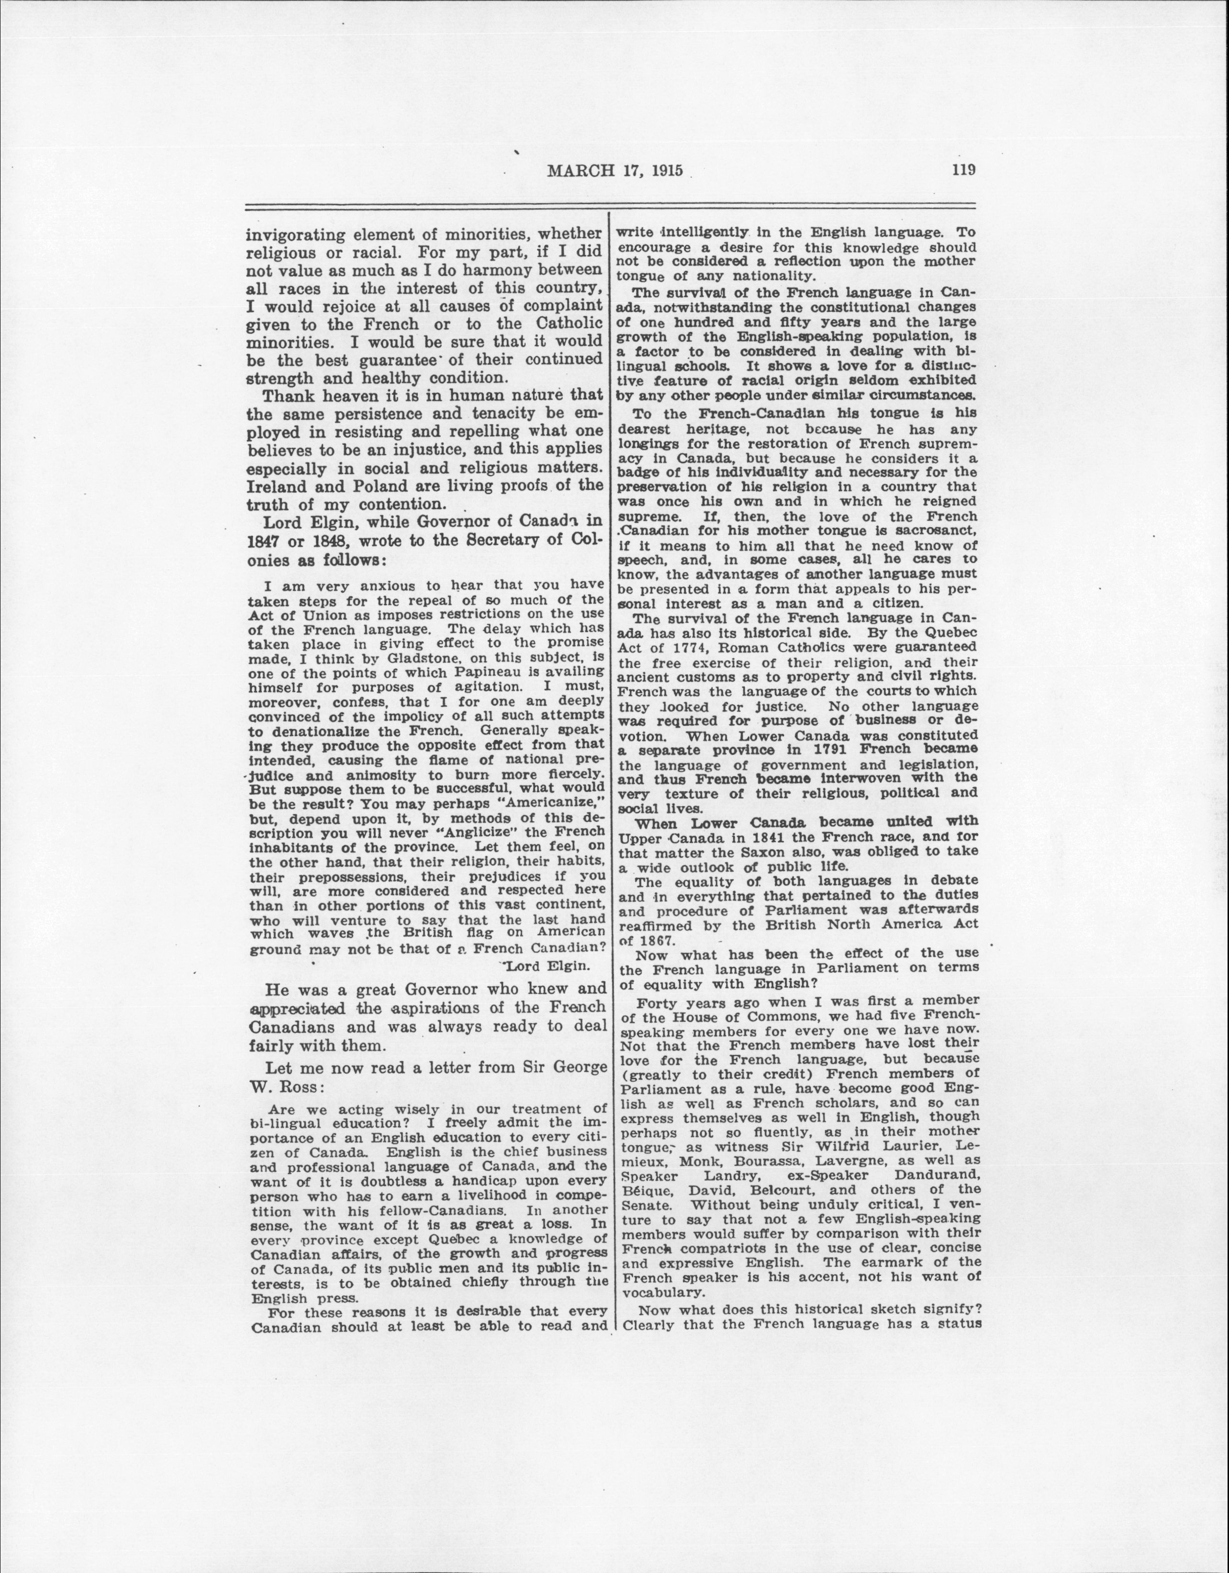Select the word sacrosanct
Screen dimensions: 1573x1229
(x=935, y=531)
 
